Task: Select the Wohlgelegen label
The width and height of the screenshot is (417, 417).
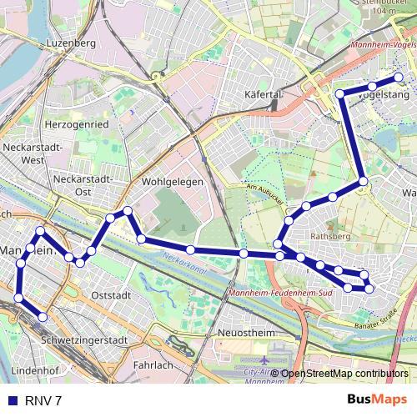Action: pyautogui.click(x=172, y=180)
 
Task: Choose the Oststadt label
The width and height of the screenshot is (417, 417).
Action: pyautogui.click(x=111, y=295)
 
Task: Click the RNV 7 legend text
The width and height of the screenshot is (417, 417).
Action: pyautogui.click(x=43, y=400)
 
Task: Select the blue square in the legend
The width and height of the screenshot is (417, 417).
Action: pyautogui.click(x=12, y=400)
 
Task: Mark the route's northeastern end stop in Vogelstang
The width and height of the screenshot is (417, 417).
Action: pyautogui.click(x=399, y=78)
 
